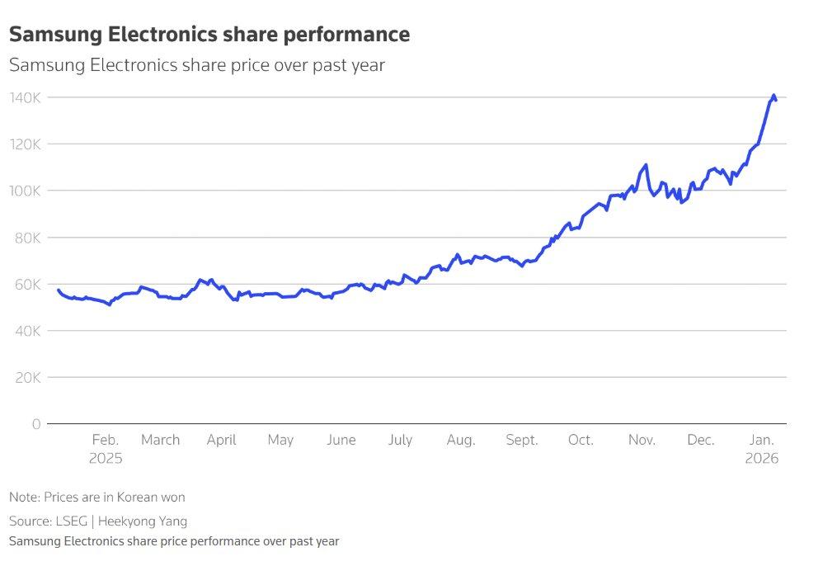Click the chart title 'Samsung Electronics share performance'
[x=209, y=35]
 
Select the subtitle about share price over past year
[x=197, y=65]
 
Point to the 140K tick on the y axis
[x=26, y=97]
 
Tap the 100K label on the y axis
[x=26, y=191]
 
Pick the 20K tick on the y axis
[x=28, y=378]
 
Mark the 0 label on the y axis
[x=36, y=424]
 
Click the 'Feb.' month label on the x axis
[x=106, y=440]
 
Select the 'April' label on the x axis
[x=222, y=440]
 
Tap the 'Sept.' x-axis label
[x=522, y=440]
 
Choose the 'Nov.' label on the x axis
[x=642, y=440]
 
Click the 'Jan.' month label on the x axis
[x=762, y=440]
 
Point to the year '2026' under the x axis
[x=762, y=459]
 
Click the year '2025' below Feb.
[x=106, y=459]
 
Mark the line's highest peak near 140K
[x=774, y=96]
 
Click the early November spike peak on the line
[x=646, y=165]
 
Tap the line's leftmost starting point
[x=59, y=290]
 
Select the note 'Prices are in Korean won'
[x=115, y=498]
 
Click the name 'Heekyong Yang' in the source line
[x=142, y=521]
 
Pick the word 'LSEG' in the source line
[x=72, y=521]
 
